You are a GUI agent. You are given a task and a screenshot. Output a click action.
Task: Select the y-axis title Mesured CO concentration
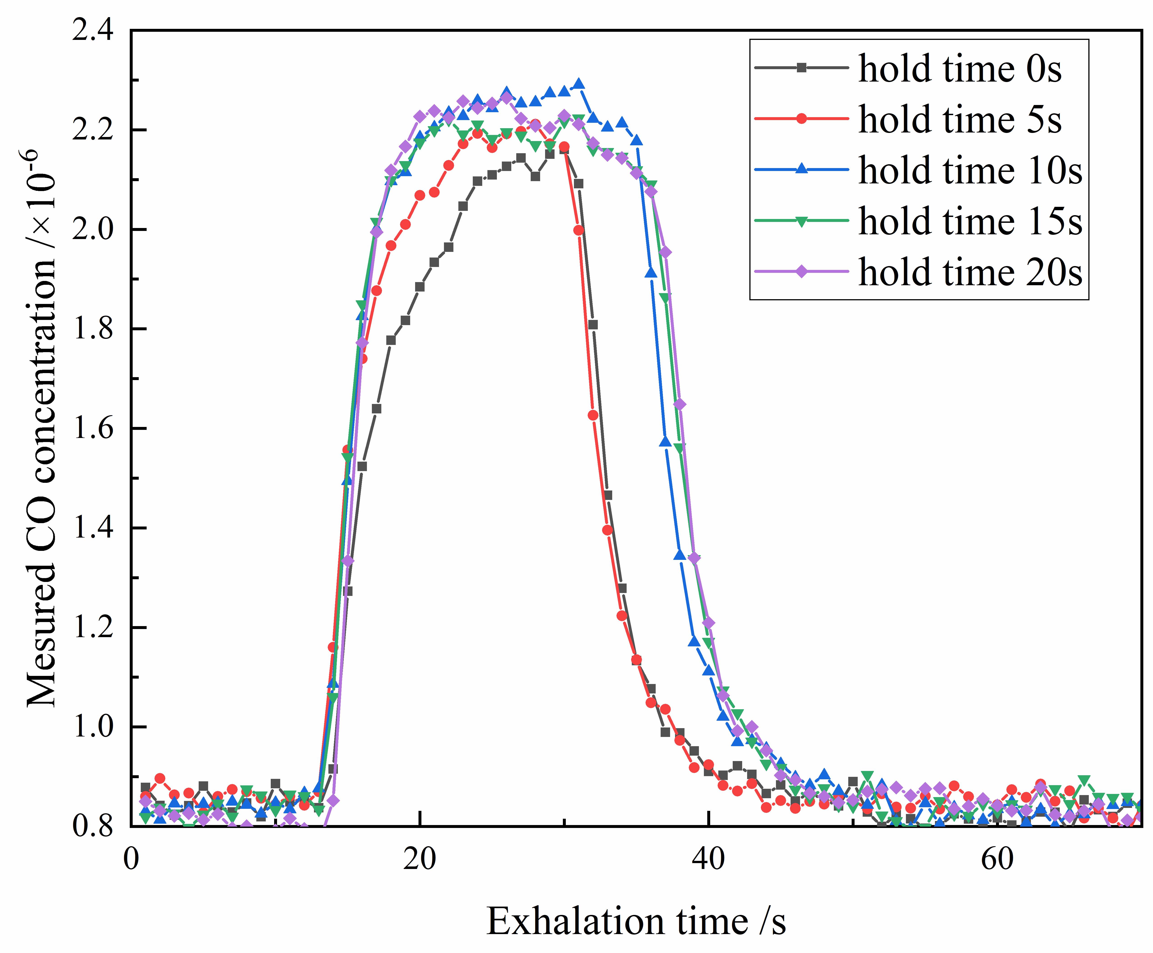click(41, 428)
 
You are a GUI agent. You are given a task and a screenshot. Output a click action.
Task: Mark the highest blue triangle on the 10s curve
click(578, 84)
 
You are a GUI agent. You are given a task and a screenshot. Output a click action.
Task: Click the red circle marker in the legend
click(801, 119)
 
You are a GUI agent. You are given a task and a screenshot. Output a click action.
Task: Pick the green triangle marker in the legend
click(801, 221)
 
